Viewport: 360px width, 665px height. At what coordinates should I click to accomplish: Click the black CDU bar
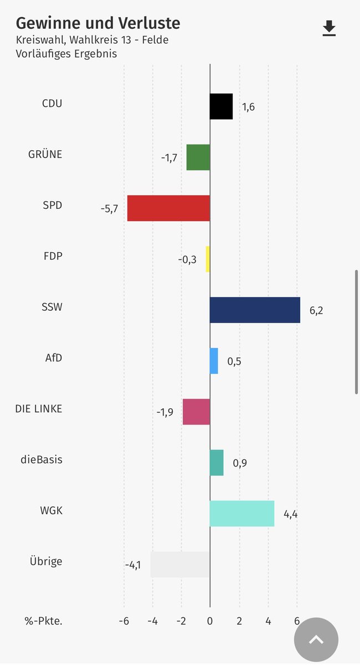tap(221, 106)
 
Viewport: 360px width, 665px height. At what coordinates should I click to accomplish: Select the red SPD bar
tap(168, 208)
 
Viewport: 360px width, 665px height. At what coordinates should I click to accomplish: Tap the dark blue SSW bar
tap(255, 310)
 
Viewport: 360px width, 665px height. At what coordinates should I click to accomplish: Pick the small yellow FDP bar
tap(208, 259)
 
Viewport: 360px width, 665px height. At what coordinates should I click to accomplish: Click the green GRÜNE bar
tap(198, 157)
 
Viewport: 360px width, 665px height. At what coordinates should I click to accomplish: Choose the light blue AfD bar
tap(214, 361)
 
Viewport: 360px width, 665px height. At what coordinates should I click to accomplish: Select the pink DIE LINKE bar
tap(196, 412)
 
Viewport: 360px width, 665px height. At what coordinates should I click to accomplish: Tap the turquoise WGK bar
tap(242, 514)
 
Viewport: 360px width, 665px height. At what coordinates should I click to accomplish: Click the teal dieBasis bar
tap(217, 463)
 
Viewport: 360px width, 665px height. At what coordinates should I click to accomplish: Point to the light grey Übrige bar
tap(180, 565)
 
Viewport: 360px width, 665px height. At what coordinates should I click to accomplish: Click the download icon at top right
tap(330, 28)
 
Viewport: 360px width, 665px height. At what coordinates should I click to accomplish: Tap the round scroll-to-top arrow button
tap(316, 640)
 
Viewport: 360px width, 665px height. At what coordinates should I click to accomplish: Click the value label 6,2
tap(316, 310)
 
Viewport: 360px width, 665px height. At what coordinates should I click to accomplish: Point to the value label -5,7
tap(109, 209)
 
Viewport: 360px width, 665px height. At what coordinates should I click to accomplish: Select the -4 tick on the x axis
tap(152, 621)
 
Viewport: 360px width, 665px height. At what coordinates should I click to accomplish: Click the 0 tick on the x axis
tap(210, 621)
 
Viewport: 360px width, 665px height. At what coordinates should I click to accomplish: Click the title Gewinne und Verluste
tap(98, 23)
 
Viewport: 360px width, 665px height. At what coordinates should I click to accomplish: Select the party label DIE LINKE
tap(39, 409)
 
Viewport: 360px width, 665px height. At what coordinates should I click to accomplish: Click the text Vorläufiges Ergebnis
tap(66, 54)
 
